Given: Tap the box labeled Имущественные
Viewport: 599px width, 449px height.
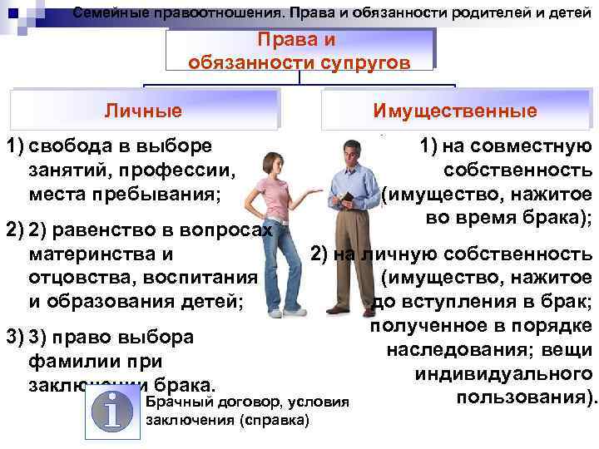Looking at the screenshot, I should click(x=455, y=111).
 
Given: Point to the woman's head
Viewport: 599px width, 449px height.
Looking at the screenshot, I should click(x=271, y=160).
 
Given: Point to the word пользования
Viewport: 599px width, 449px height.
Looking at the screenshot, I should click(x=526, y=397).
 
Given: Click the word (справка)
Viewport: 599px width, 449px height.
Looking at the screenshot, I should click(x=273, y=420).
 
